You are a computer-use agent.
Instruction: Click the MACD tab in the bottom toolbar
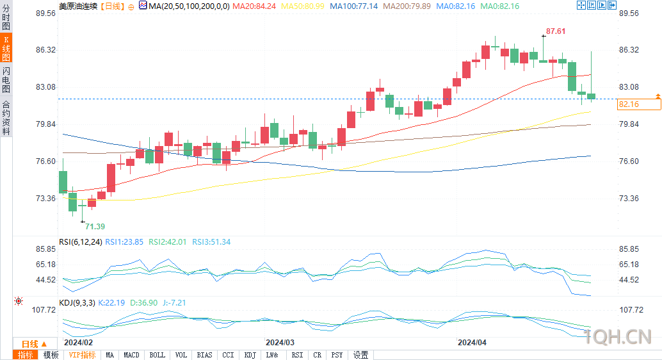pos(131,355)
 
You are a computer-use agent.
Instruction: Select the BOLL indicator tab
pos(157,355)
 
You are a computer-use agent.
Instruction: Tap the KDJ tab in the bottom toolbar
pos(250,355)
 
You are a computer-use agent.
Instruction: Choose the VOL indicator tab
pos(181,355)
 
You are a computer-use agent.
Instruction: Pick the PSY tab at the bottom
pos(337,355)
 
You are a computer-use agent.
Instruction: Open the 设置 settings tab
pos(361,355)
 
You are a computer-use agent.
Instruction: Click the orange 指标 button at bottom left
pos(26,355)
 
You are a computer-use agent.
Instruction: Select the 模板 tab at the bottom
pos(51,355)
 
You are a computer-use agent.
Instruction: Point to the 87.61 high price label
pos(556,31)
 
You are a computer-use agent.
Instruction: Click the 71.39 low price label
pos(95,227)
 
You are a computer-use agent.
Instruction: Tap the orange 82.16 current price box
pos(639,104)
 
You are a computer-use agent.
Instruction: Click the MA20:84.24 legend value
pos(254,6)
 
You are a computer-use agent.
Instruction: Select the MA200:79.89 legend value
pos(407,6)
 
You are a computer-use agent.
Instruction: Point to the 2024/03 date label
pos(280,342)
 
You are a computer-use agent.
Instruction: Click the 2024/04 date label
pos(472,342)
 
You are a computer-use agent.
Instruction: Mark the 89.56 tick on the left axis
pos(45,13)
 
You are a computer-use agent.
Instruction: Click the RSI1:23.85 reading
pos(124,242)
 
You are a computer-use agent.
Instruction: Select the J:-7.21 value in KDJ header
pos(174,303)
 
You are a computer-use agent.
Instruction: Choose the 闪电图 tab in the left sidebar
pos(6,80)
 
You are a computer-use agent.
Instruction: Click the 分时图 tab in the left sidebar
pos(6,17)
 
